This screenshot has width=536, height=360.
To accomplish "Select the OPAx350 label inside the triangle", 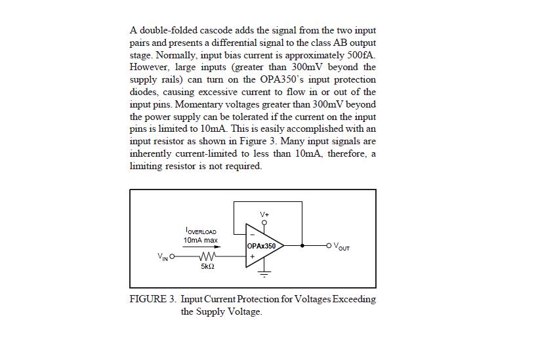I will tap(264, 247).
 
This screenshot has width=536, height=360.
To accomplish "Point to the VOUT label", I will tap(341, 247).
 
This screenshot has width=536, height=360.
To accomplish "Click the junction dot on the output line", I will tap(302, 246).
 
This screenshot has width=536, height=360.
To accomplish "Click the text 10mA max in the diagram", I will tap(201, 240).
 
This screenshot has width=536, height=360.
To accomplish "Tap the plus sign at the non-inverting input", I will tap(251, 256).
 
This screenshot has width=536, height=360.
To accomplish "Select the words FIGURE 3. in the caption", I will tap(152, 299).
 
